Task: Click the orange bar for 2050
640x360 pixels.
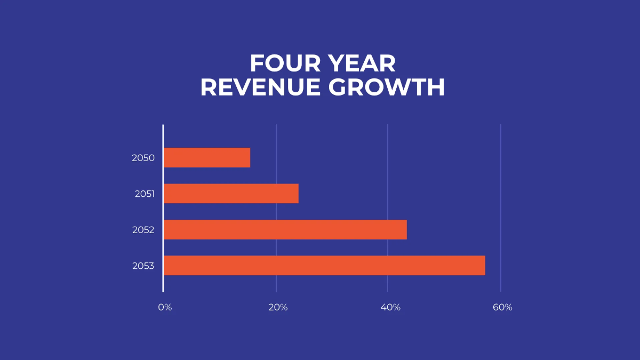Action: [207, 158]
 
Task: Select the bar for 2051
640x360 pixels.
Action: [231, 194]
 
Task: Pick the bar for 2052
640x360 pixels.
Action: [285, 229]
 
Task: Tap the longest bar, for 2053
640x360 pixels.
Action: [324, 266]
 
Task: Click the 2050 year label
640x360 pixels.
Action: [143, 158]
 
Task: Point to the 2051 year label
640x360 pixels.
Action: [145, 194]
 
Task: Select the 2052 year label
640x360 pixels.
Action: [143, 230]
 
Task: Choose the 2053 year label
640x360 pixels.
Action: [143, 266]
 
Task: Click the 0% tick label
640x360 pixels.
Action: [165, 308]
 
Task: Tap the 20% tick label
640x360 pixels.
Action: [278, 308]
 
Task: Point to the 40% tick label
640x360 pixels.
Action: [390, 308]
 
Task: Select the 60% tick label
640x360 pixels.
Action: [502, 308]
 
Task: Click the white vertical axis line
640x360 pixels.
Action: [163, 208]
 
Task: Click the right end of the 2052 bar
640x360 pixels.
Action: [405, 229]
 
